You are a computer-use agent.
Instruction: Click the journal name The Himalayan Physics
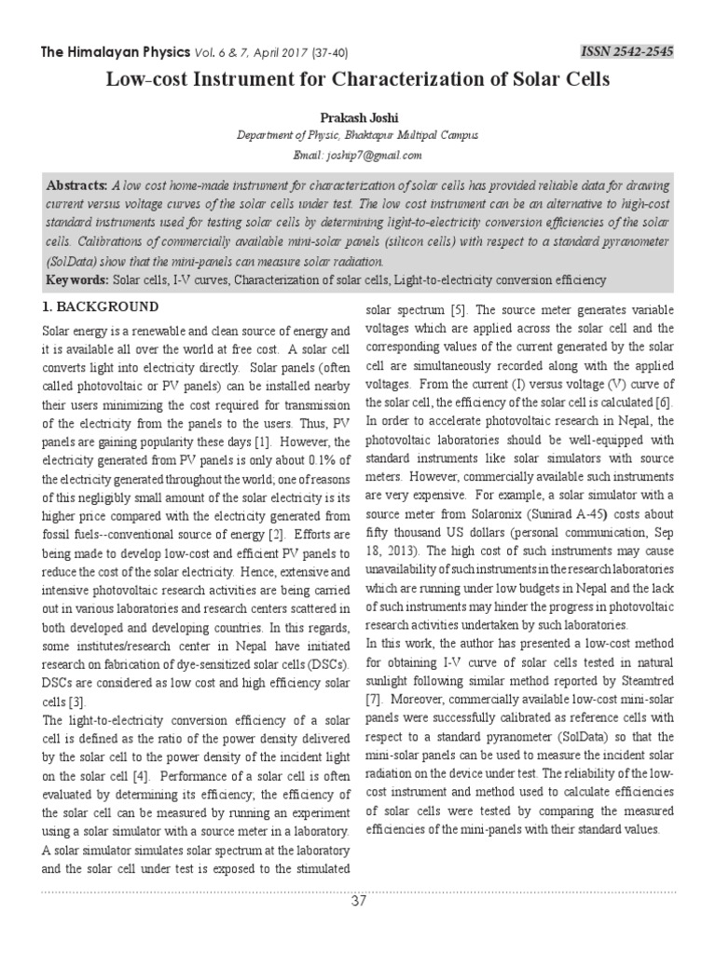click(111, 49)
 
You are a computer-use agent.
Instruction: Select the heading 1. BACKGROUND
click(102, 307)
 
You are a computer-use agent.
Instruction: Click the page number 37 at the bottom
click(359, 902)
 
